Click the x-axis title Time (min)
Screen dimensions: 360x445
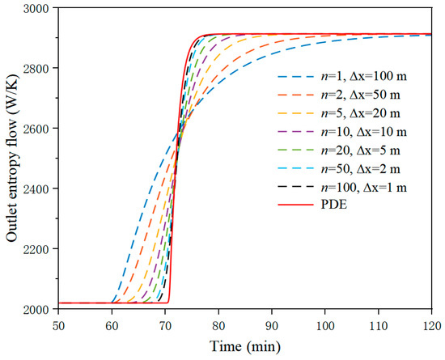pos(245,346)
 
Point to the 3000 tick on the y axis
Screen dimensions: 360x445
pos(33,8)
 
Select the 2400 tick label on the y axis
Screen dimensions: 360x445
pos(33,187)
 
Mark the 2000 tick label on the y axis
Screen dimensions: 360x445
pos(33,307)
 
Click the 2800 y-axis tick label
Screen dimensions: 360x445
pos(33,68)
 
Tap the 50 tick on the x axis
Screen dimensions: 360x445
pos(57,324)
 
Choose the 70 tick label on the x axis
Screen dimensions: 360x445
pos(165,324)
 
